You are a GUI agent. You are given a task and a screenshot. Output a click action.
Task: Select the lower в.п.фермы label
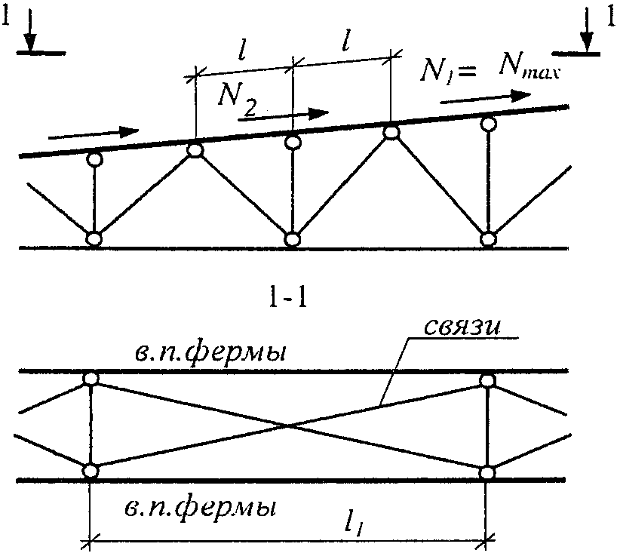pos(199,510)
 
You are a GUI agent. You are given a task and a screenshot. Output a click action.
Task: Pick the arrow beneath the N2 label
pos(284,115)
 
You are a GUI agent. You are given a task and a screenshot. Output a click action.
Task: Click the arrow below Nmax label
pos(486,97)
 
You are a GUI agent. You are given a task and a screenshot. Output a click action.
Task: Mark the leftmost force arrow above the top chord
pos(94,133)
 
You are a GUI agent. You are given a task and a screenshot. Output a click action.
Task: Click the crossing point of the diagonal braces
pos(288,426)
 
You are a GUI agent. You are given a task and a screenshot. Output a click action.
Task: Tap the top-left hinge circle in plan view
pos(91,379)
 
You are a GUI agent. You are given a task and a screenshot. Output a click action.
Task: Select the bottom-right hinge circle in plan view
pos(487,472)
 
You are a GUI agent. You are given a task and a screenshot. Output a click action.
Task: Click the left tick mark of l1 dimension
pos(91,541)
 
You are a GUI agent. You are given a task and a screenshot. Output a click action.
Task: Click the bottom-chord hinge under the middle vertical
pos(292,239)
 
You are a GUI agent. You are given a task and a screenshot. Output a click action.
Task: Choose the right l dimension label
pos(346,40)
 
